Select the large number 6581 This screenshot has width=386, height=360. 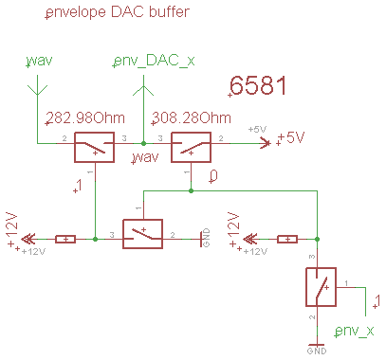click(x=258, y=86)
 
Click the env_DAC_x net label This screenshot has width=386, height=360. click(x=155, y=61)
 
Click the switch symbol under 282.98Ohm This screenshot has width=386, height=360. click(x=94, y=147)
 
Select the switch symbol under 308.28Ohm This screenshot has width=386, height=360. click(x=191, y=147)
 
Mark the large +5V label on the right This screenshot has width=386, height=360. click(x=289, y=138)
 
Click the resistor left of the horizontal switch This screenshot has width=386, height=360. click(x=65, y=239)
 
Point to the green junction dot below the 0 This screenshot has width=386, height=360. click(x=191, y=190)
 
